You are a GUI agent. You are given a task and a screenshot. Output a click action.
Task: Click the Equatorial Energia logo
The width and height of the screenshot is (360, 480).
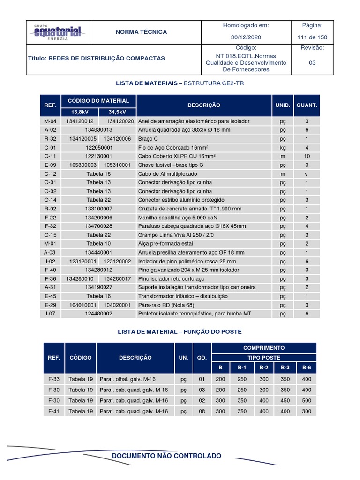tap(57, 32)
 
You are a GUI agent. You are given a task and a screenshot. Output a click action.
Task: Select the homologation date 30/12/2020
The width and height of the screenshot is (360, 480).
tap(247, 37)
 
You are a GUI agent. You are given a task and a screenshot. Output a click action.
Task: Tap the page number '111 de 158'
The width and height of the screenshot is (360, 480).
tap(313, 37)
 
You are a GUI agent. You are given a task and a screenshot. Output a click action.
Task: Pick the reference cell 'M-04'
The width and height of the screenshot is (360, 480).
tap(50, 121)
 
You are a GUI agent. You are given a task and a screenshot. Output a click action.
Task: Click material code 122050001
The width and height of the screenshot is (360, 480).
tap(99, 147)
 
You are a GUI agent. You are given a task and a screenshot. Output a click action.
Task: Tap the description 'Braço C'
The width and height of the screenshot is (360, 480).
tap(149, 139)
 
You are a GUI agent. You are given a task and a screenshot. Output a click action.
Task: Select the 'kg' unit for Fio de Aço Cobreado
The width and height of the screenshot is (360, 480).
tap(283, 147)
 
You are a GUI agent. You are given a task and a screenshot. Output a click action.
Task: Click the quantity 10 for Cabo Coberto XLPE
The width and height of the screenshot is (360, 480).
tap(307, 155)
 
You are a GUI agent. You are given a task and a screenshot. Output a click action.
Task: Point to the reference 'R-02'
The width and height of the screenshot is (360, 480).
tap(50, 208)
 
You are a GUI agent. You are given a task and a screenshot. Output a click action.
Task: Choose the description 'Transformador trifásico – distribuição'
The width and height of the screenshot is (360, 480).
tap(182, 296)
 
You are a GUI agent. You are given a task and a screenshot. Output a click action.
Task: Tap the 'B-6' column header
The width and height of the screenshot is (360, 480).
tap(307, 367)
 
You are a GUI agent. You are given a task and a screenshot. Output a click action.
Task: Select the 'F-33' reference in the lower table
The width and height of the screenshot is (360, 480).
tap(54, 379)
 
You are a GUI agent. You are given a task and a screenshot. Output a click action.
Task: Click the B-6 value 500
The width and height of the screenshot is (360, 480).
tap(307, 400)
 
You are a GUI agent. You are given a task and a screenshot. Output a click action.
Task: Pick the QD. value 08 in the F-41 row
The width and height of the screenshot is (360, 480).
tap(202, 411)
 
